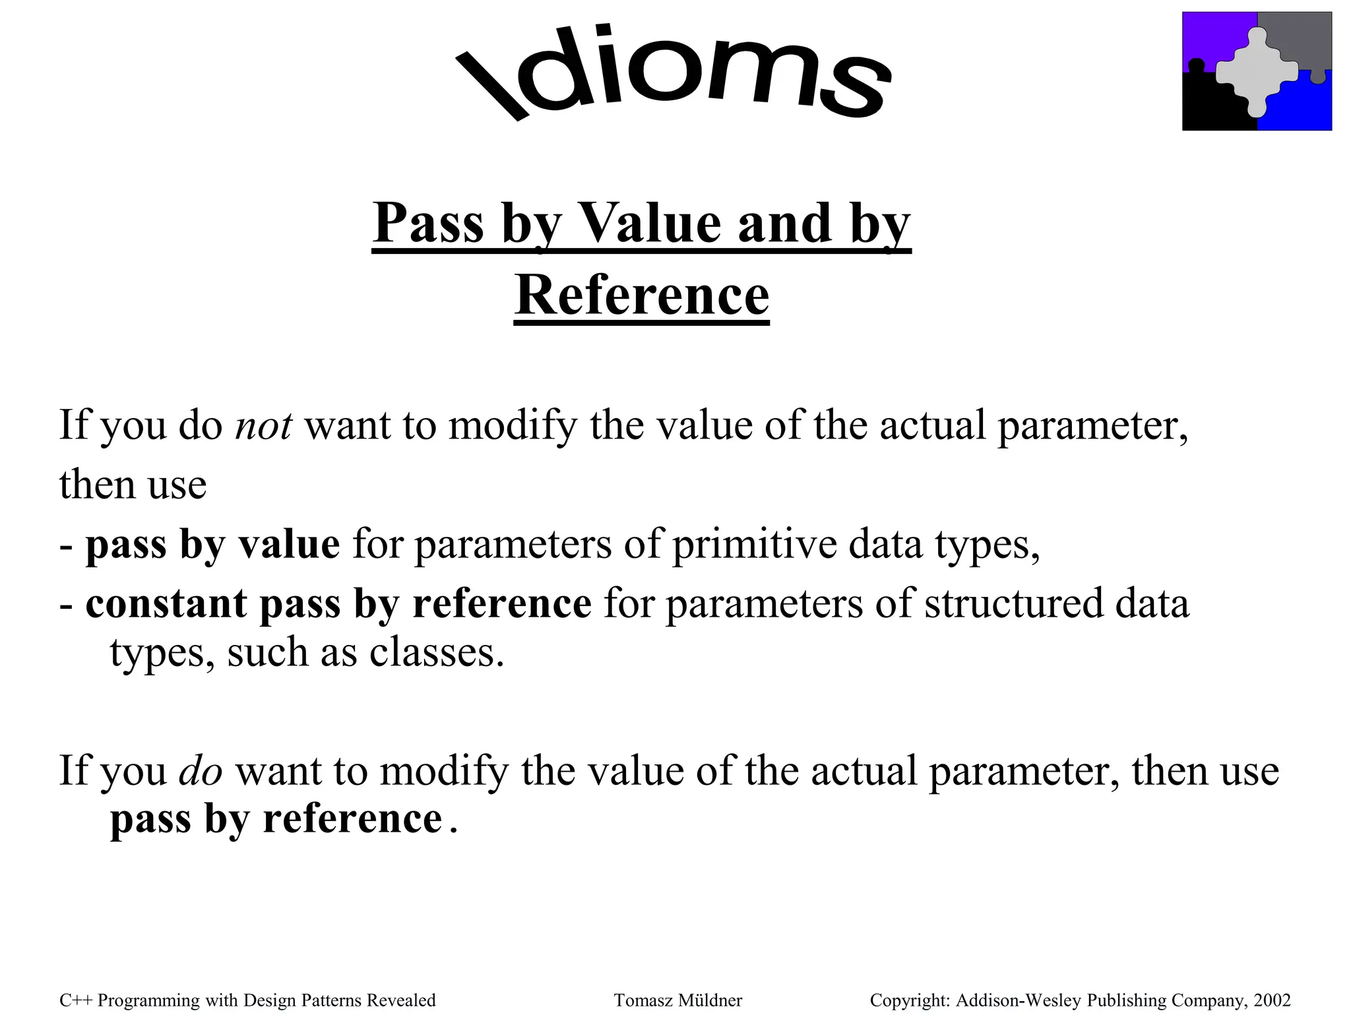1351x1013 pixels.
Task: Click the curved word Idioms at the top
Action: click(x=673, y=73)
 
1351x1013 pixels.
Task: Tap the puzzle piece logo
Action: click(x=1257, y=71)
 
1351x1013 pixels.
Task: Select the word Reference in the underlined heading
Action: click(x=641, y=295)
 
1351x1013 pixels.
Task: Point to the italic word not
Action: click(x=263, y=425)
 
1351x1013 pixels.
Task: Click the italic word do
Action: click(x=201, y=770)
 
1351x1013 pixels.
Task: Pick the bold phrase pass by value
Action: click(x=212, y=545)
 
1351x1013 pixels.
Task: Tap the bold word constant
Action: click(x=166, y=603)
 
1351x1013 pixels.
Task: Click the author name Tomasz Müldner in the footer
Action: click(x=678, y=1000)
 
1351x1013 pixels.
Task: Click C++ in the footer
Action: click(x=76, y=1000)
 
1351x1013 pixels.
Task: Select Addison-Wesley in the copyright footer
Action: click(x=1019, y=1000)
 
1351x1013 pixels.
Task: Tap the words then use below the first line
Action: click(x=133, y=485)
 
